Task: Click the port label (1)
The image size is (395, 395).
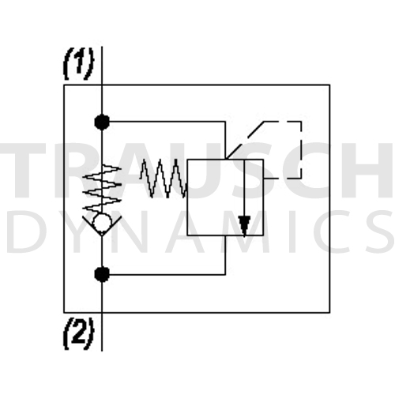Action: (78, 63)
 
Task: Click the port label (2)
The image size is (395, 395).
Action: (78, 334)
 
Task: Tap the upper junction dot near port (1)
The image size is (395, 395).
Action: (102, 122)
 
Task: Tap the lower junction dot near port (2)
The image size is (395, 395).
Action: (102, 274)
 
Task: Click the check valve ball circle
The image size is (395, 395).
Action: (102, 223)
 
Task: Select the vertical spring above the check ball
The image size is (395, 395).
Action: (102, 188)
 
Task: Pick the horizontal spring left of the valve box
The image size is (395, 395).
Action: (164, 178)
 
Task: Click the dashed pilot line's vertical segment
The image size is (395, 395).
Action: (300, 150)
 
